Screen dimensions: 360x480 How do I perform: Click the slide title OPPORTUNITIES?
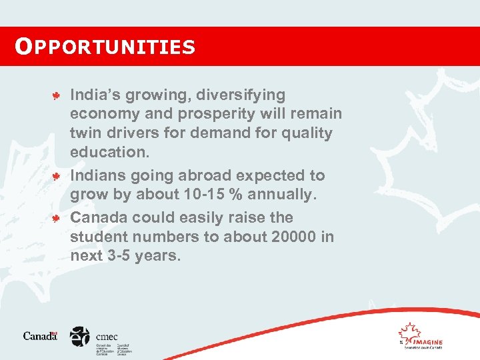pos(105,47)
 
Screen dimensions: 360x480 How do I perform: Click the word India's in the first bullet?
pos(93,95)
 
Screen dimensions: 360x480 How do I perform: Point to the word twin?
pos(84,133)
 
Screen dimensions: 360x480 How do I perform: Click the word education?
pos(110,152)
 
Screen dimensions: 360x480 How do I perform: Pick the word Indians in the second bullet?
pos(97,176)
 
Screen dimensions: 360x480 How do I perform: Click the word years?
pos(157,256)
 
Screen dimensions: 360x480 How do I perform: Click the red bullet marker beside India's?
pos(57,96)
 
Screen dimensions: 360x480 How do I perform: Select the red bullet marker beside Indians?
pos(57,177)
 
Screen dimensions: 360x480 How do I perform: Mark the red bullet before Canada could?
pos(57,219)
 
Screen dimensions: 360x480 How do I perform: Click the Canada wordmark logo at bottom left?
pos(41,336)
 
